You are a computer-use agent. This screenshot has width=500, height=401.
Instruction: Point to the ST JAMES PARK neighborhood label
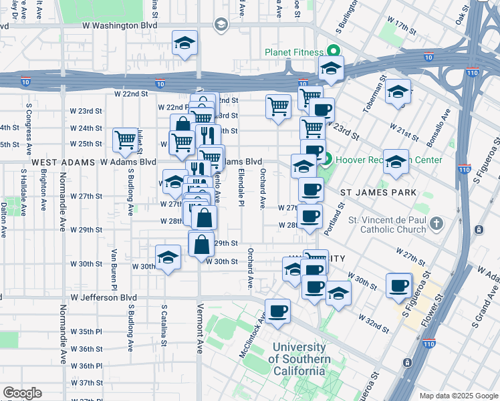click(x=378, y=192)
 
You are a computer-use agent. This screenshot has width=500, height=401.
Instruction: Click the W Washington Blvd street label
click(x=120, y=25)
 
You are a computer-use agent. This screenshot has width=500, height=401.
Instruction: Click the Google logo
click(x=22, y=393)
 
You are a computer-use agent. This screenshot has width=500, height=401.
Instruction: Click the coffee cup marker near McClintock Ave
click(x=278, y=311)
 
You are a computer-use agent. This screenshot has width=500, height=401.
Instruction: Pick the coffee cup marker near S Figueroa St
click(x=399, y=285)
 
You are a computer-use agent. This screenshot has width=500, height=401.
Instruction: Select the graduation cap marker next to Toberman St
click(x=398, y=92)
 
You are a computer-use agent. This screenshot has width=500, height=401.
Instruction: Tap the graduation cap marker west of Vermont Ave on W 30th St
click(x=168, y=257)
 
